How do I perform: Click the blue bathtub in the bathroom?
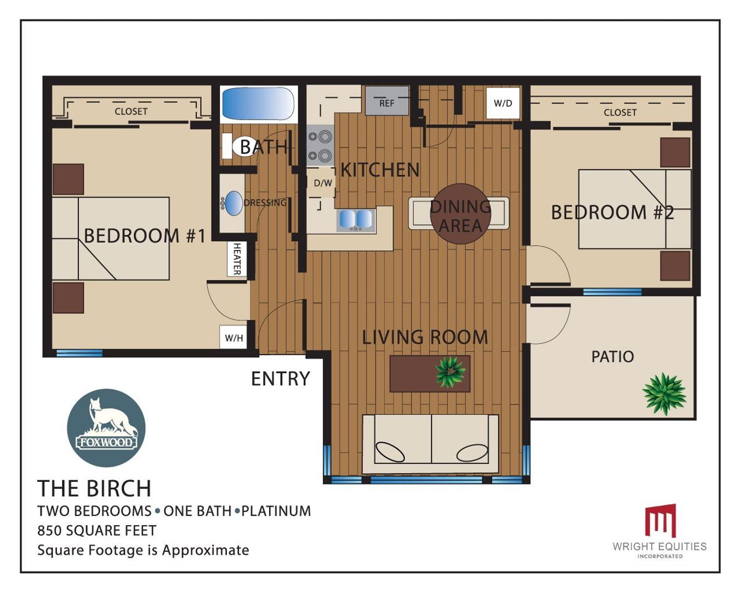click(x=259, y=103)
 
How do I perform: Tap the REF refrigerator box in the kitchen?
click(x=387, y=100)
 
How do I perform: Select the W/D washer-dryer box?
click(x=503, y=103)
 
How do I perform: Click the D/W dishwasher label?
click(x=323, y=183)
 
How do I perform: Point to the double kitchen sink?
click(x=356, y=220)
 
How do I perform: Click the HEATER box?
click(x=237, y=259)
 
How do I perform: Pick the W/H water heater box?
click(x=234, y=338)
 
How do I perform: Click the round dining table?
click(x=460, y=214)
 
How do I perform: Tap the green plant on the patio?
click(x=664, y=394)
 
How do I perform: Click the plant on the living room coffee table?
click(x=450, y=372)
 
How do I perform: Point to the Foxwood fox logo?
click(x=106, y=428)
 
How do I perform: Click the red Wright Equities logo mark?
click(x=660, y=521)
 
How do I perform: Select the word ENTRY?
click(x=281, y=379)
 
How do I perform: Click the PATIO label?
click(x=613, y=357)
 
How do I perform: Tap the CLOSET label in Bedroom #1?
click(x=131, y=111)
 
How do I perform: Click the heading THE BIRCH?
click(x=94, y=488)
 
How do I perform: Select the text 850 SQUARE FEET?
click(x=96, y=531)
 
